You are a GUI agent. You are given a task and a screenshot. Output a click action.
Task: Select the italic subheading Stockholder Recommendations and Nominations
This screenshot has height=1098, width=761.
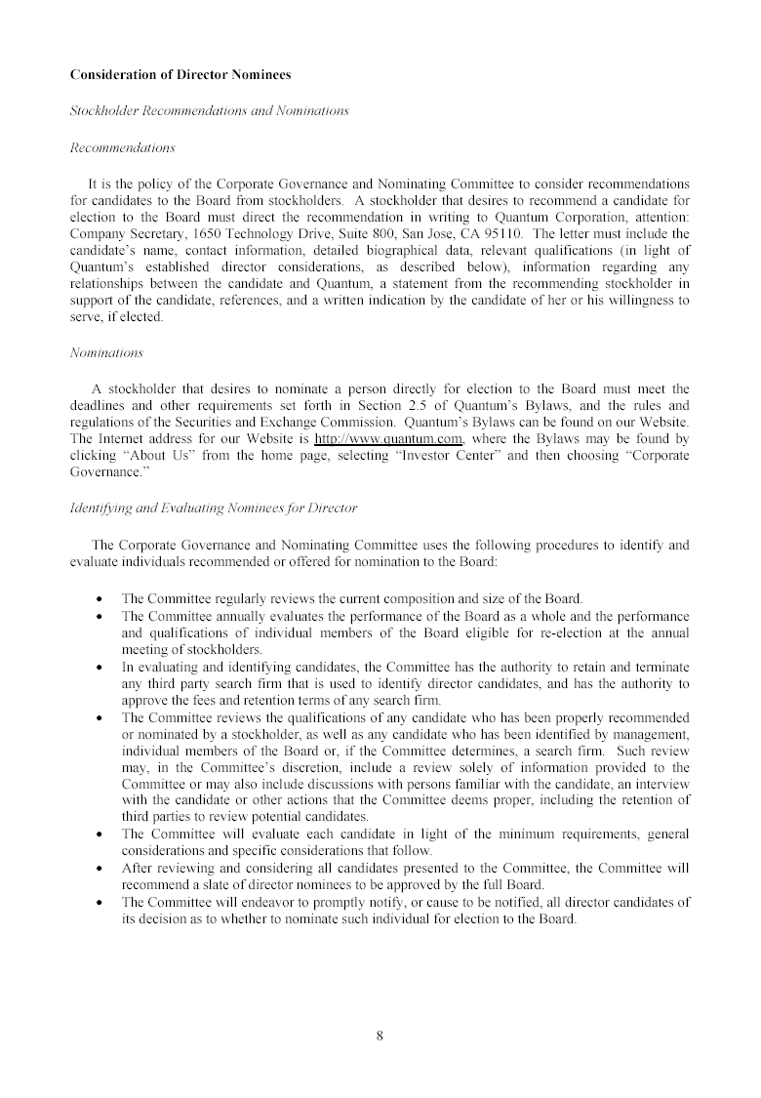click(209, 111)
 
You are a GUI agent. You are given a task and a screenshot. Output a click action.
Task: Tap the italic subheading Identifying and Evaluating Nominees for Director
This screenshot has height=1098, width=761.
click(214, 508)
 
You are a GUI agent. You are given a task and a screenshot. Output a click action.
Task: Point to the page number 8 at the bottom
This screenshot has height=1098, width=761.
click(380, 1037)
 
